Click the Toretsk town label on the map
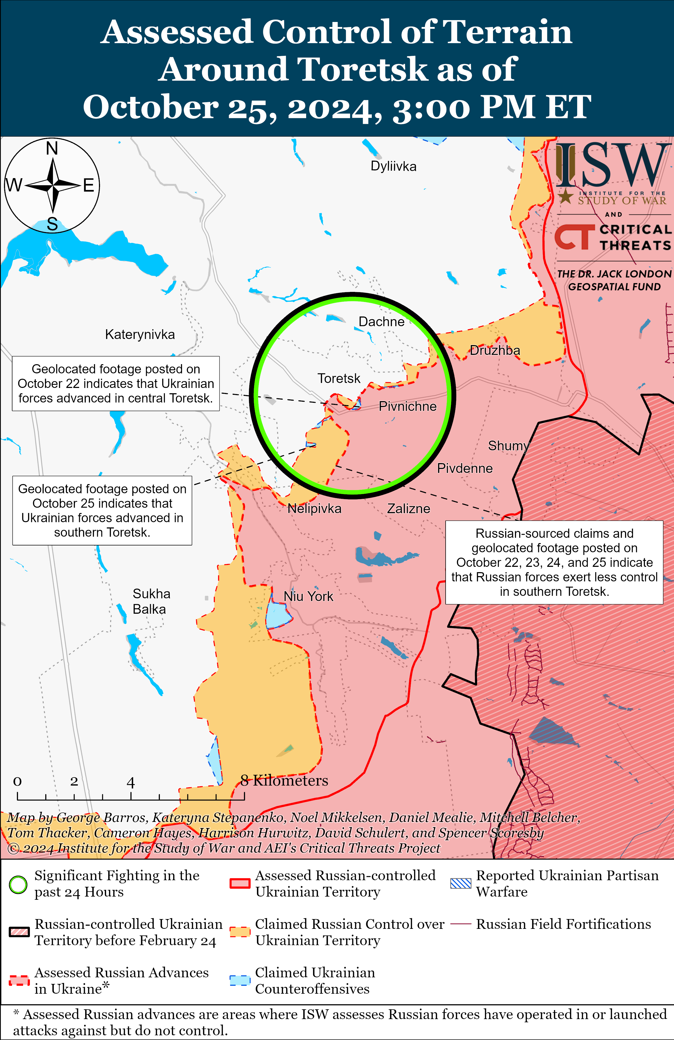[x=339, y=378]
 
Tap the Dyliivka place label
[x=393, y=166]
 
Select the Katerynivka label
[x=140, y=335]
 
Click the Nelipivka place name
[x=314, y=509]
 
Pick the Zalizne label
[x=409, y=509]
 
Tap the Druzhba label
[x=495, y=350]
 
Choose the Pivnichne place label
[x=407, y=407]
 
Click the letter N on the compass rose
[x=52, y=148]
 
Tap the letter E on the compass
[x=89, y=186]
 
